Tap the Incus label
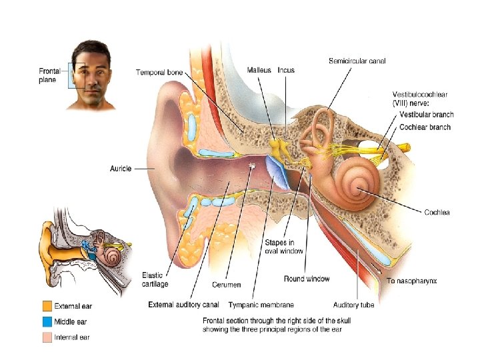pos(286,69)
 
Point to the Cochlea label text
pos(437,213)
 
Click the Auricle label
pos(121,169)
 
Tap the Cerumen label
pos(227,285)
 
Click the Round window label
pos(307,279)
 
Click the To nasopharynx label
pos(412,281)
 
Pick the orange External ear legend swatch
pos(47,307)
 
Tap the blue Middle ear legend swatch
pos(47,322)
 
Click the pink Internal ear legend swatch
pos(47,337)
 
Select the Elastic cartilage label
pos(155,279)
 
